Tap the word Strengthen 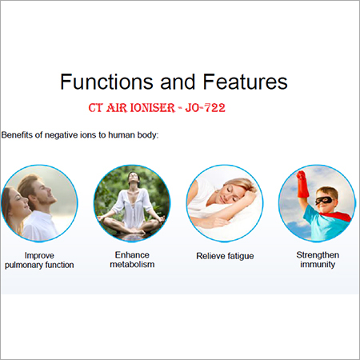pos(314,253)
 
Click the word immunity pos(314,264)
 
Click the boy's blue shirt pos(319,224)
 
